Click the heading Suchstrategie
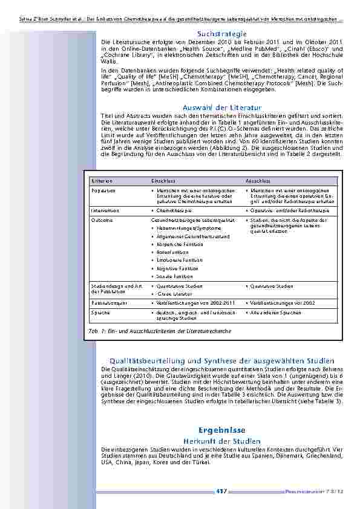(221, 33)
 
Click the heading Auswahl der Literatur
(221, 107)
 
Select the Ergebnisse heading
(221, 430)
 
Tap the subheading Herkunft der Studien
(221, 441)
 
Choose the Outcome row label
(102, 220)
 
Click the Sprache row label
(101, 313)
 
